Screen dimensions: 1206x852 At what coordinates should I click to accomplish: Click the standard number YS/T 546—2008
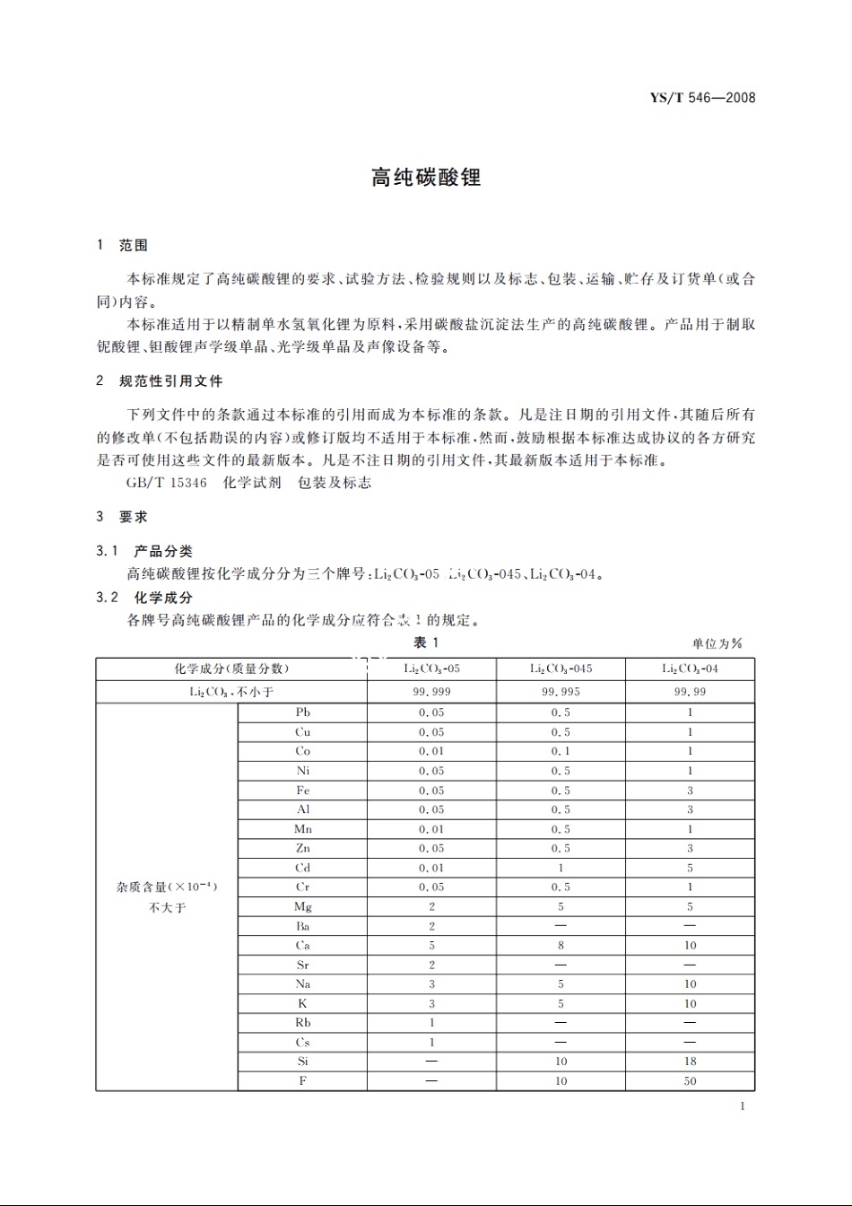point(702,98)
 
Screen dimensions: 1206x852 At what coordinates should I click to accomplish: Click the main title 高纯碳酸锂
point(426,178)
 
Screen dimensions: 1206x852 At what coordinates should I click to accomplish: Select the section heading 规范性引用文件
point(170,380)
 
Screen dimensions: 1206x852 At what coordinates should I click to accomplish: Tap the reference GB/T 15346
point(167,483)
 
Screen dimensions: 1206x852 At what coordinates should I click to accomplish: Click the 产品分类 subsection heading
point(163,551)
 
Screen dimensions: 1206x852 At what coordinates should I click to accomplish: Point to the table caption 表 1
point(426,642)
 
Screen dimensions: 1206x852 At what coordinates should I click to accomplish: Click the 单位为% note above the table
point(717,643)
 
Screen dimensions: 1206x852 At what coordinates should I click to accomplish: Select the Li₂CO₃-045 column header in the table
point(561,669)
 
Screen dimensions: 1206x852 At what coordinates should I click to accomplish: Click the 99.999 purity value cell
point(431,692)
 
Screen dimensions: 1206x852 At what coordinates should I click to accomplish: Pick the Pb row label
point(303,712)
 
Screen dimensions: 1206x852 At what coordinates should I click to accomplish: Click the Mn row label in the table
point(303,829)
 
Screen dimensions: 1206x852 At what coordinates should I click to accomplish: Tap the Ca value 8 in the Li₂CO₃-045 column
point(561,946)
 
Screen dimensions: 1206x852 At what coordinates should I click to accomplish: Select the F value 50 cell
point(690,1081)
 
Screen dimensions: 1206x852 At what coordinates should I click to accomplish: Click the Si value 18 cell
point(690,1062)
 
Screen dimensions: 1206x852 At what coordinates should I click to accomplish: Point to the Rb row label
point(303,1023)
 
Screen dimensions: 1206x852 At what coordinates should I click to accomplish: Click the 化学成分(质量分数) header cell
point(231,669)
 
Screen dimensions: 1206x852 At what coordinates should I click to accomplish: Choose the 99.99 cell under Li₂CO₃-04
point(690,692)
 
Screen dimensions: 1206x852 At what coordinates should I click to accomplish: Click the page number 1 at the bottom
point(743,1106)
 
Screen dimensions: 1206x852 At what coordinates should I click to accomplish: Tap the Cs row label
point(303,1043)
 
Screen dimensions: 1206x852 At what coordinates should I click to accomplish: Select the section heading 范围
point(134,245)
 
